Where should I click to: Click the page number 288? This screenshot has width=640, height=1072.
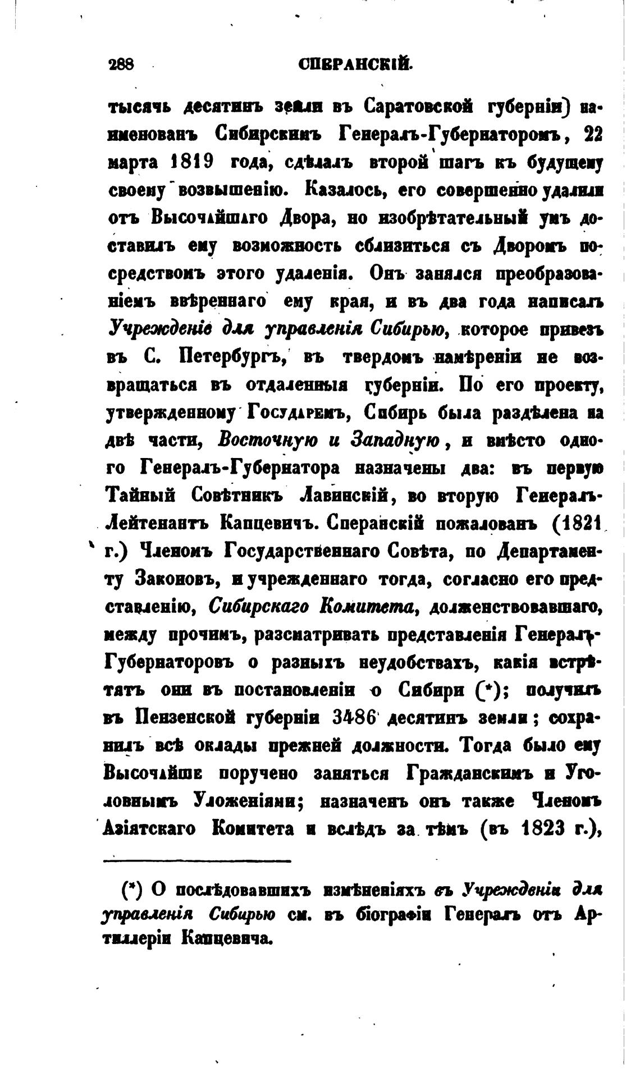click(x=120, y=65)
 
